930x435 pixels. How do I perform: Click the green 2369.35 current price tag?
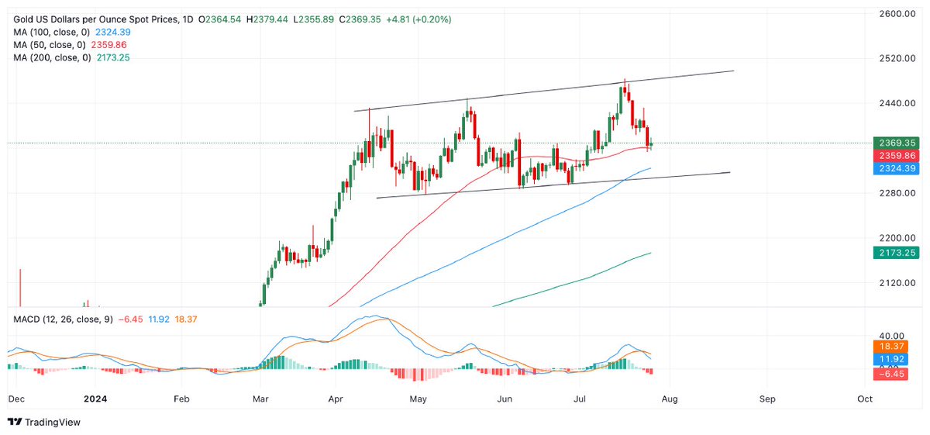pos(895,143)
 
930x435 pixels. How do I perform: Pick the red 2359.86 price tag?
pos(895,156)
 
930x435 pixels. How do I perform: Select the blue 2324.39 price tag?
pos(895,168)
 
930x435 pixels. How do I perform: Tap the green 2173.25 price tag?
pos(895,253)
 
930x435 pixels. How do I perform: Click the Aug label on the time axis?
pos(670,399)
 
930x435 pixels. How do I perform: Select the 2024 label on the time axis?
pos(95,399)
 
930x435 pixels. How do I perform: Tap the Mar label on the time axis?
pos(260,399)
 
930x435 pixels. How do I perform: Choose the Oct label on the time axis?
pos(865,399)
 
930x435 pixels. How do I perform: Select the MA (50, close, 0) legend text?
pos(46,45)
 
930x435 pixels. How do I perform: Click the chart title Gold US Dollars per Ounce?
pos(84,19)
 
